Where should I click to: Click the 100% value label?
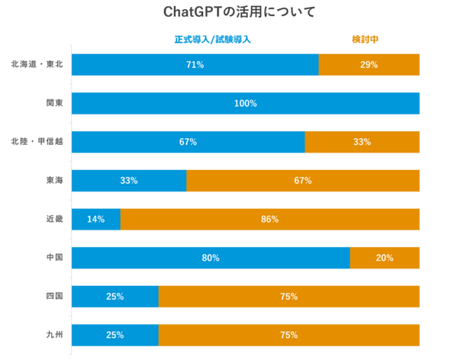(x=246, y=103)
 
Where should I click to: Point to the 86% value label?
(x=269, y=220)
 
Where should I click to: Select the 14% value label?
(x=95, y=220)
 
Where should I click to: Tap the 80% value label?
(x=211, y=258)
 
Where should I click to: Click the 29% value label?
(x=369, y=65)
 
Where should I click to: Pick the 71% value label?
(x=195, y=65)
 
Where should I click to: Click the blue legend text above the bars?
(x=213, y=39)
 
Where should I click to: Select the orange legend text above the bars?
(x=366, y=39)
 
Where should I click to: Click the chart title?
(x=229, y=12)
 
